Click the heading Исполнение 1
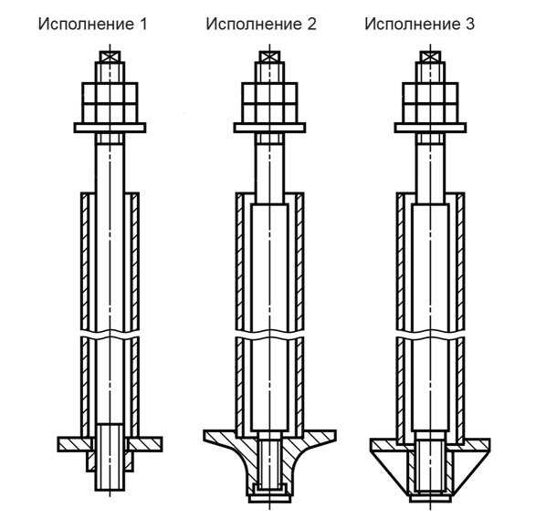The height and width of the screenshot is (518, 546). pos(92,25)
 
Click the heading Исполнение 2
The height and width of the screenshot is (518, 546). pos(261,25)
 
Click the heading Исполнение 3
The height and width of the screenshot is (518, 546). pos(420,25)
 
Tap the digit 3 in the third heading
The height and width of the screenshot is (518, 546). pos(469,25)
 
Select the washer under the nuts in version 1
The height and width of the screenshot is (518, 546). pos(110,128)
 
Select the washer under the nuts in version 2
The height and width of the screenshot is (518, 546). pos(269,128)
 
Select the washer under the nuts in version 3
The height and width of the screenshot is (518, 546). pos(430,128)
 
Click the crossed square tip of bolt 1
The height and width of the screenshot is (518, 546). pos(110,57)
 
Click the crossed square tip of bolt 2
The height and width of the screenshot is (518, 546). pos(269,57)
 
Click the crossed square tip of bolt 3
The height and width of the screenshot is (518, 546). pos(430,57)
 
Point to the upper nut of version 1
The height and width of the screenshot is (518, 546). pos(110,93)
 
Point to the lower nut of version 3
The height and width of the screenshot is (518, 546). pos(430,113)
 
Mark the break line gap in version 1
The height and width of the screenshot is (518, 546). pos(110,334)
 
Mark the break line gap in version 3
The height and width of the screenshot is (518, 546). pos(430,334)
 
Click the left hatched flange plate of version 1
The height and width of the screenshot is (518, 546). pos(75,444)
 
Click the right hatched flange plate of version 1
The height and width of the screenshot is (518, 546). pos(145,444)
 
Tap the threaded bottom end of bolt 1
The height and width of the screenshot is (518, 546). pos(110,457)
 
